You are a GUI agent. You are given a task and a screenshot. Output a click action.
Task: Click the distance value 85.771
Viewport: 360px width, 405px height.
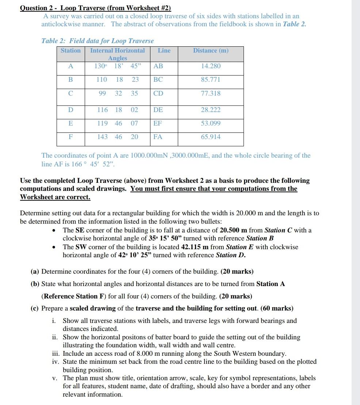211,80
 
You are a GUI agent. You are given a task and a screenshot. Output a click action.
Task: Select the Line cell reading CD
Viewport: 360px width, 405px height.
158,93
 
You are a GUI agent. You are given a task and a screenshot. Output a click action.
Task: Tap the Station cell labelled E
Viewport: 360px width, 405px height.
71,123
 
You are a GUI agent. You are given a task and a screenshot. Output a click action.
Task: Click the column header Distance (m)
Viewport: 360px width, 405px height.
211,51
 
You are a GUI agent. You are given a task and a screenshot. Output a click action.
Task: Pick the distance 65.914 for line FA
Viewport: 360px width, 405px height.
211,137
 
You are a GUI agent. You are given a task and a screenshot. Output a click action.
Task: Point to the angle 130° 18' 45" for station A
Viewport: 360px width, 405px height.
117,66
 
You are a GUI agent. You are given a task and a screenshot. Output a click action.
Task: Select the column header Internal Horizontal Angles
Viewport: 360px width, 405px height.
117,54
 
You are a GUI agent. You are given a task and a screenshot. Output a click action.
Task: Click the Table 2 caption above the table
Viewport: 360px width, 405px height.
97,41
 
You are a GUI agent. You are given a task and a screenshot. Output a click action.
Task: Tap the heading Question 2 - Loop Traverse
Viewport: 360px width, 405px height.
95,8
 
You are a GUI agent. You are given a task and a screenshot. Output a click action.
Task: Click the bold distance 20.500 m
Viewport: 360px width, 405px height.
234,230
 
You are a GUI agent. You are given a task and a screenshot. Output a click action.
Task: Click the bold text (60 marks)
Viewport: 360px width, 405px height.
277,308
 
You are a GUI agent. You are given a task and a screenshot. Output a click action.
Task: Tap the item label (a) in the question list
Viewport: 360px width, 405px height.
35,271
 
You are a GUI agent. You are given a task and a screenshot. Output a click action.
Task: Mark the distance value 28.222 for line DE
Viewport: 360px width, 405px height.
211,110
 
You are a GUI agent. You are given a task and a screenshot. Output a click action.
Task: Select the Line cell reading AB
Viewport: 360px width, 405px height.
158,66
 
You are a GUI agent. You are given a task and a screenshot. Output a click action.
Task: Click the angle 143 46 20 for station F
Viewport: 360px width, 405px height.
117,137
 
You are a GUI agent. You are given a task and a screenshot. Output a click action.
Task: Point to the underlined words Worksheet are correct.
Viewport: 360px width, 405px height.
55,197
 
